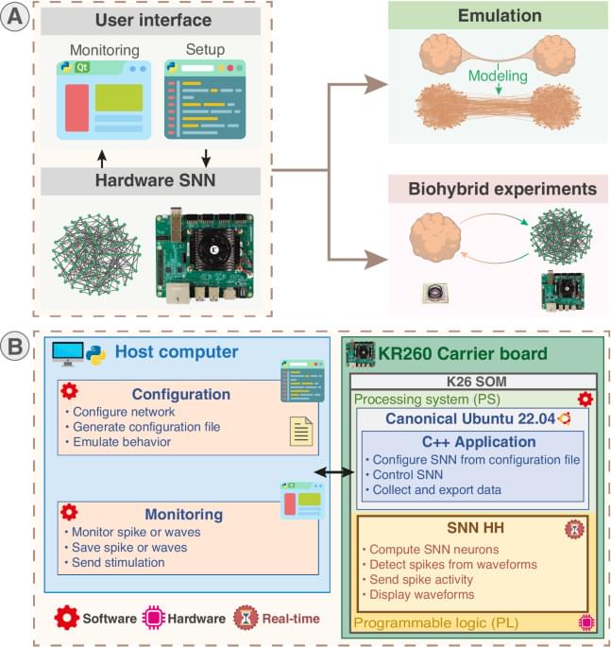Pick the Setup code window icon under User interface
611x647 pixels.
(x=204, y=99)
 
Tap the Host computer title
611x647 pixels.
(x=177, y=351)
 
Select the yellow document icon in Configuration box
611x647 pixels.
(x=301, y=432)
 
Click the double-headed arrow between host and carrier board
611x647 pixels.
(x=333, y=470)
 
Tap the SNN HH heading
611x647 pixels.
(x=468, y=529)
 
